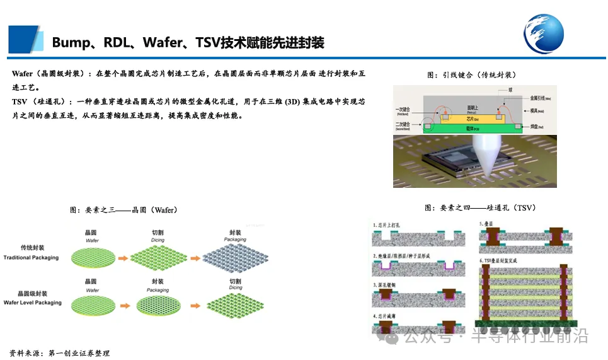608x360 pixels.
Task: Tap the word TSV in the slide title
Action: (x=210, y=43)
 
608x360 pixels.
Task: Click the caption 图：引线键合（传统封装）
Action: (x=471, y=75)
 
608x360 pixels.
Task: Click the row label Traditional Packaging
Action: (x=31, y=257)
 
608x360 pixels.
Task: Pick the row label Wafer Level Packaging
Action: (x=33, y=303)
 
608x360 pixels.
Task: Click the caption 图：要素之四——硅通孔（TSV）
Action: (x=480, y=207)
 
